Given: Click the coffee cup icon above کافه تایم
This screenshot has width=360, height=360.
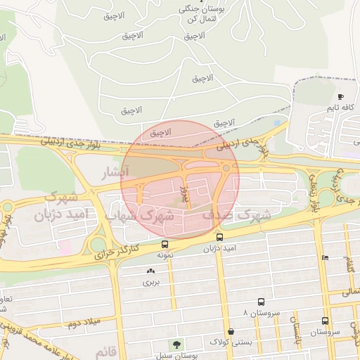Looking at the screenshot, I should pos(341,96).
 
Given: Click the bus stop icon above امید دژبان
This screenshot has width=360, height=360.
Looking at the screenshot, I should pos(220,238).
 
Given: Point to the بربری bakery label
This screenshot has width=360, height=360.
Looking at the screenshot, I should pos(151,282).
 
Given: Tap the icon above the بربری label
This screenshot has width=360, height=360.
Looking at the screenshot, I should pos(150,271).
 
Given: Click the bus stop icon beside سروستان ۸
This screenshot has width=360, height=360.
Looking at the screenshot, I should pos(262,301).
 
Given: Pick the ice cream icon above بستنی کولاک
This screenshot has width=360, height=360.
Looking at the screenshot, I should pos(231,330).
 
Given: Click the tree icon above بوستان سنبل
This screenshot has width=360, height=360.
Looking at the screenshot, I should pos(176,345).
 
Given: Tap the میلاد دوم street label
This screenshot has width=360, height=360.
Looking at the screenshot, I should pos(81,323).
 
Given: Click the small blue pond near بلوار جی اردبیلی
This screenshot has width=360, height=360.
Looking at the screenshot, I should pos(277,123).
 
